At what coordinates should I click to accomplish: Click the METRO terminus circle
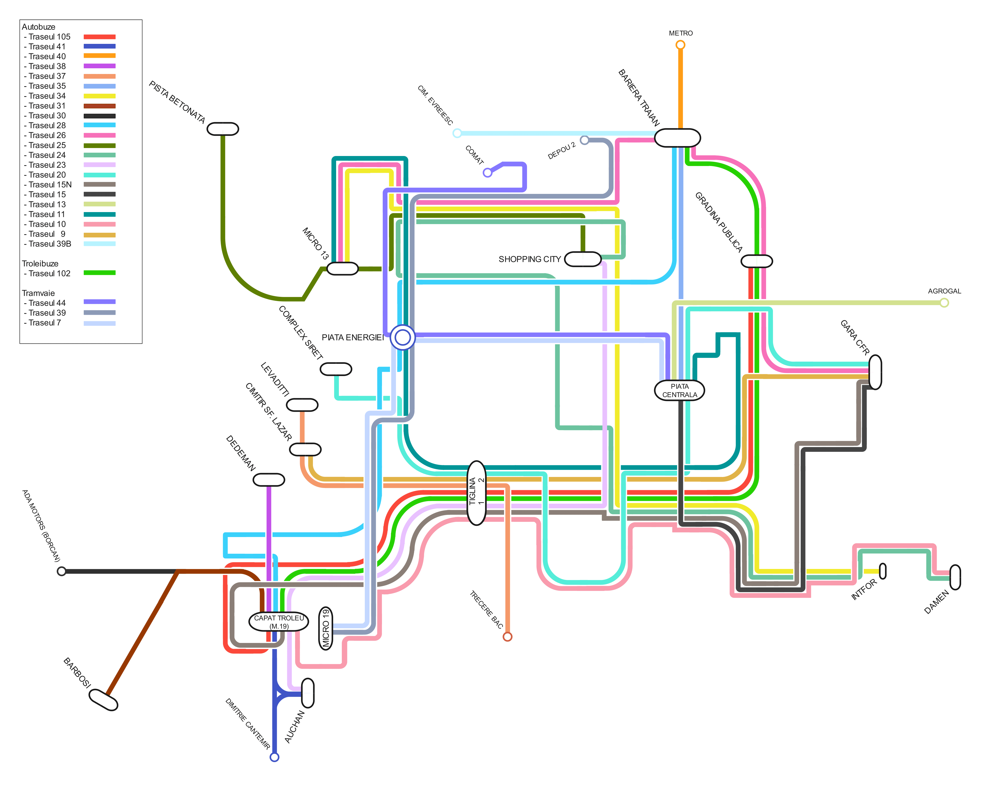pyautogui.click(x=680, y=45)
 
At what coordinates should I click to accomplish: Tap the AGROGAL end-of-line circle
pyautogui.click(x=944, y=303)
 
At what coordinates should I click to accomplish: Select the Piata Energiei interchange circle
pyautogui.click(x=403, y=337)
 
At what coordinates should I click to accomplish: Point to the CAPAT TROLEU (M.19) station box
pyautogui.click(x=279, y=622)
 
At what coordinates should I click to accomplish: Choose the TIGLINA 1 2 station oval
pyautogui.click(x=476, y=493)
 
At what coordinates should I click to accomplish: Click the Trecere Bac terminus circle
pyautogui.click(x=507, y=637)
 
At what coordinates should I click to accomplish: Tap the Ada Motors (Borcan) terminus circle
pyautogui.click(x=62, y=571)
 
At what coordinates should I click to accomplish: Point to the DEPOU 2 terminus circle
pyautogui.click(x=584, y=140)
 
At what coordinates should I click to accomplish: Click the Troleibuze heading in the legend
pyautogui.click(x=40, y=263)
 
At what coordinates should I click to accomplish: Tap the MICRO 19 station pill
pyautogui.click(x=325, y=628)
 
